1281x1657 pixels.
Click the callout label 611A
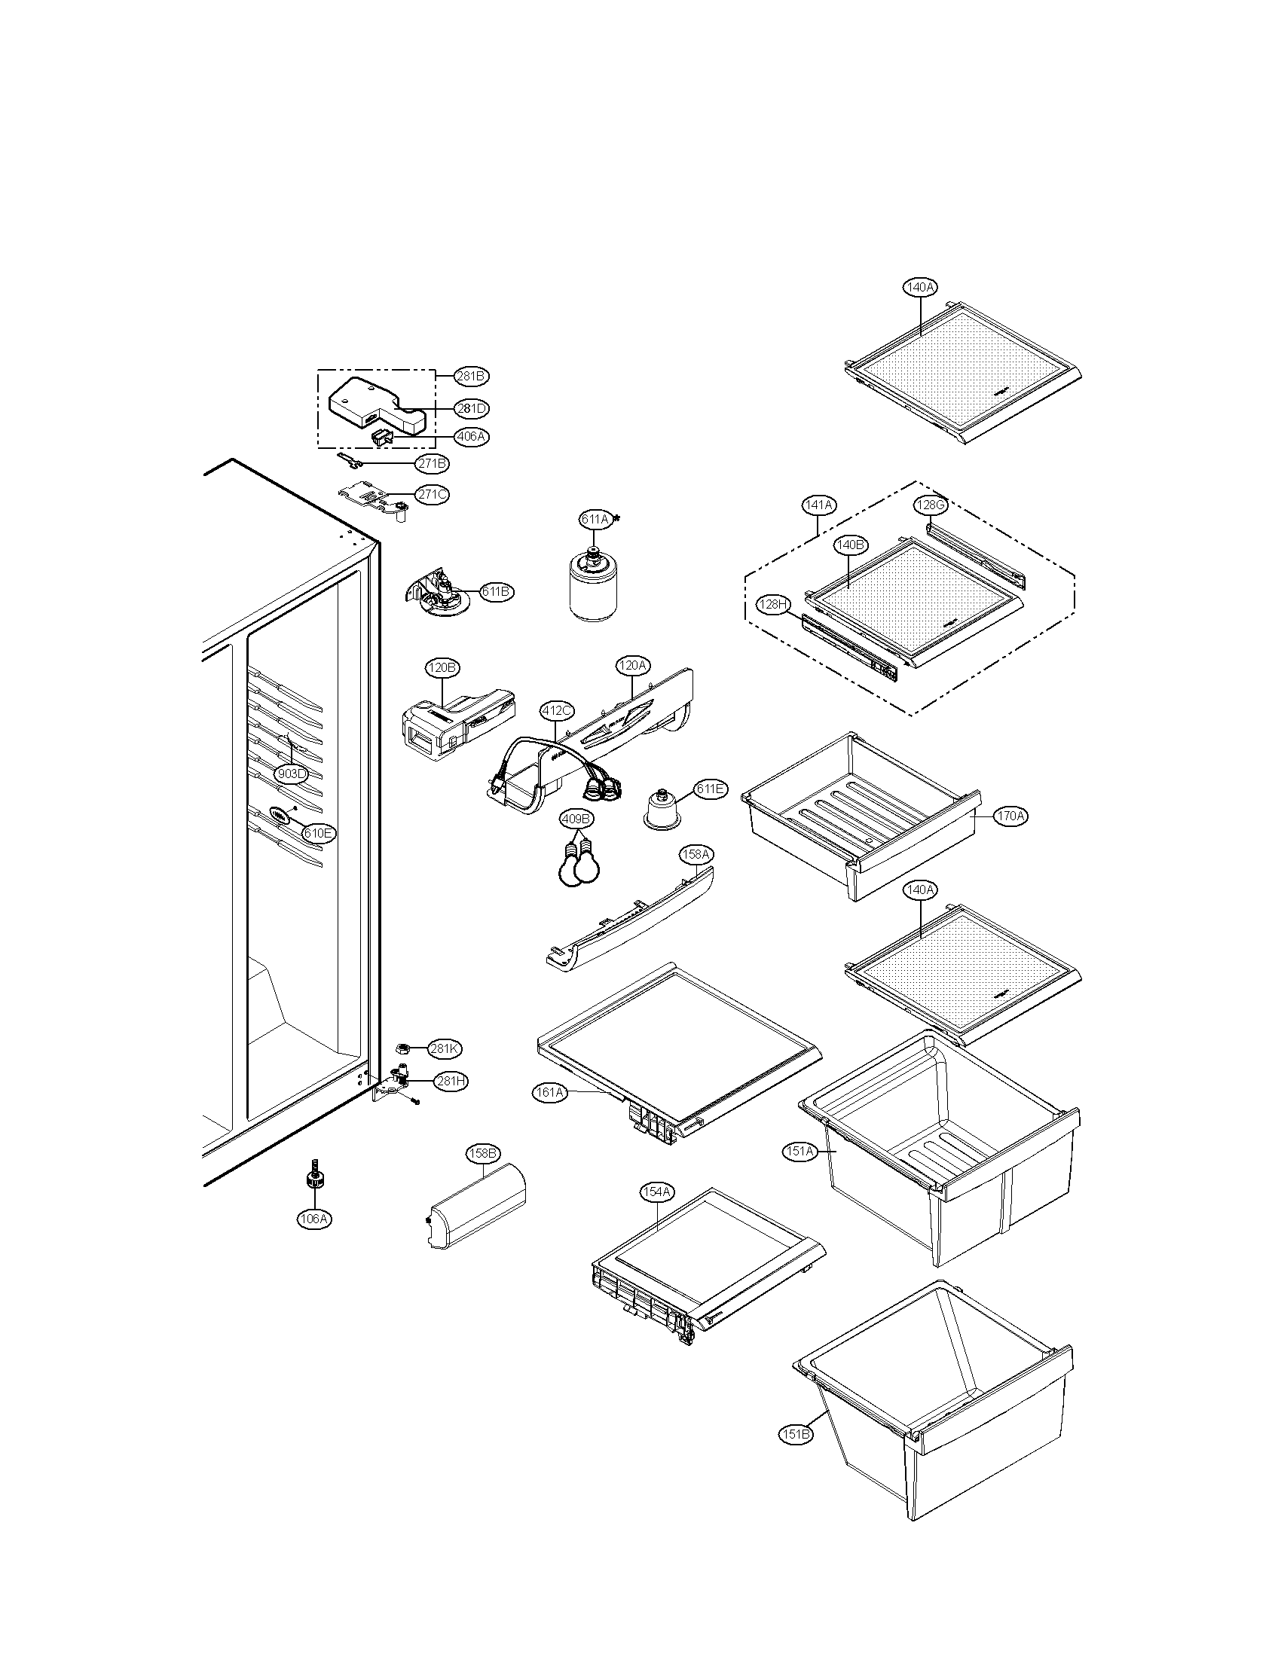[x=595, y=519]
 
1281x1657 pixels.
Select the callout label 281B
[x=471, y=376]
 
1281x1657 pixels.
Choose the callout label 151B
[x=794, y=1434]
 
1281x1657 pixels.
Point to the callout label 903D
[x=291, y=774]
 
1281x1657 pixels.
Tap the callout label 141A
[x=818, y=505]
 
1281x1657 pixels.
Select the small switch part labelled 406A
[x=381, y=437]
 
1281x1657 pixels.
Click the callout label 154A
[x=656, y=1192]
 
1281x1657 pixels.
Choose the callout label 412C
[x=556, y=711]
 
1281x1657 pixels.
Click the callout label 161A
[x=549, y=1093]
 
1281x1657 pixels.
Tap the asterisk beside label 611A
[x=616, y=519]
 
